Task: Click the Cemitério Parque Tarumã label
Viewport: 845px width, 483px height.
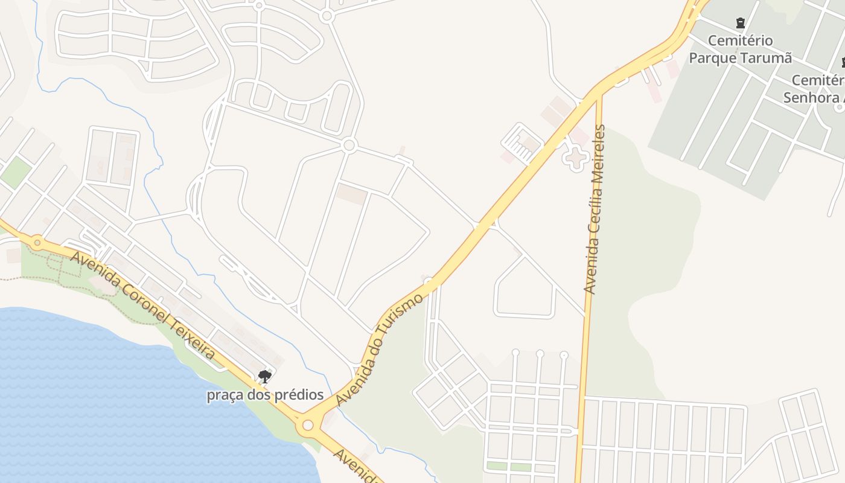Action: coord(741,50)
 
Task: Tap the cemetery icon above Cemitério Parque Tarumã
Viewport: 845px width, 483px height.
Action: coord(741,24)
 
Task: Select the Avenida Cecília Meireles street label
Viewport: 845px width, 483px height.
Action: coord(595,209)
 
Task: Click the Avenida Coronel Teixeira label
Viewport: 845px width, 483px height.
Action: coord(143,305)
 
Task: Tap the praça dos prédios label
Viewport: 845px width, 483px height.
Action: coord(265,395)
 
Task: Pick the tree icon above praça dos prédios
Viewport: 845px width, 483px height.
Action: coord(264,377)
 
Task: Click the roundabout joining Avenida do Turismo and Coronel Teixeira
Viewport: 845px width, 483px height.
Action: coord(308,425)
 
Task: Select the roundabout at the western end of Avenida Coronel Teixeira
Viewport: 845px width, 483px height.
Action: coord(37,243)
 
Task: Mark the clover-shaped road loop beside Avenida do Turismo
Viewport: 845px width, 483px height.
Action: coord(575,158)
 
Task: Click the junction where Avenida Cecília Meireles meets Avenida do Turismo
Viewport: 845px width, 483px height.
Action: coord(598,95)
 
